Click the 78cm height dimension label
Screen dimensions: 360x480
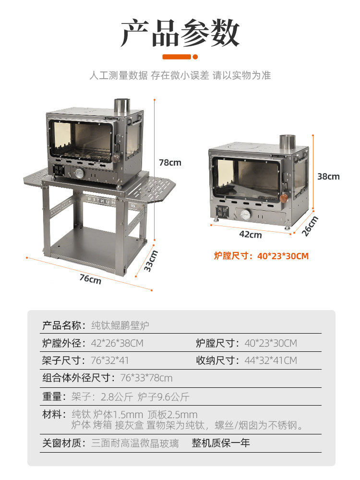click(170, 163)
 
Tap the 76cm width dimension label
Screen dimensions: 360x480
click(90, 278)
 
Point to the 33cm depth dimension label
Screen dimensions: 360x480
click(151, 261)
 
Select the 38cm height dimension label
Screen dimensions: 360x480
click(328, 176)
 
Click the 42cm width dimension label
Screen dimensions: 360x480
click(251, 235)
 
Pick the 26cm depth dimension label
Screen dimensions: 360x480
click(311, 226)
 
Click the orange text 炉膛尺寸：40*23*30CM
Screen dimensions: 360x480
click(261, 256)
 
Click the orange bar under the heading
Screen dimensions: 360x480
click(177, 57)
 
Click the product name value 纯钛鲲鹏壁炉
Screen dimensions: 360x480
click(120, 325)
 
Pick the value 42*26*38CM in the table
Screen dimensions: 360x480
click(117, 343)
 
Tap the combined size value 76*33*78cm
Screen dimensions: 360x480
click(146, 378)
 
